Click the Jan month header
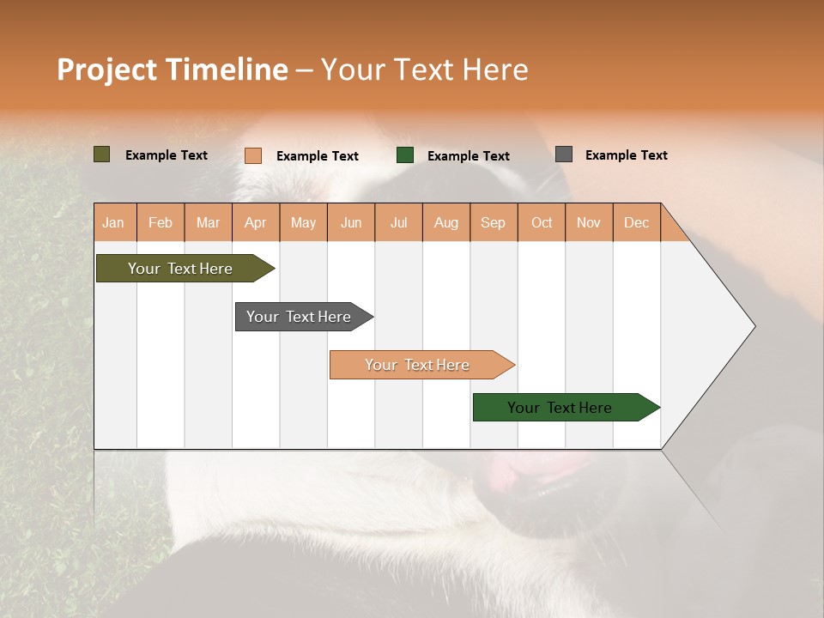click(114, 222)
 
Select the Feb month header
click(161, 222)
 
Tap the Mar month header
click(208, 222)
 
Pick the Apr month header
click(256, 222)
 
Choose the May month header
click(303, 222)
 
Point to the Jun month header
click(351, 222)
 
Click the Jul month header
click(398, 222)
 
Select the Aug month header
click(446, 222)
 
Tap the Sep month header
click(494, 222)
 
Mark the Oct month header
click(542, 222)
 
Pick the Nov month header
click(589, 222)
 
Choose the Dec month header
click(636, 222)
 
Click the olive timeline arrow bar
click(181, 269)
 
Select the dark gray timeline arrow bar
click(300, 317)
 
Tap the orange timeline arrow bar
click(418, 365)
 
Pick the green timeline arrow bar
click(560, 408)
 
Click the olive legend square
click(102, 154)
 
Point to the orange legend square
click(253, 155)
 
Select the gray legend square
click(564, 154)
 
